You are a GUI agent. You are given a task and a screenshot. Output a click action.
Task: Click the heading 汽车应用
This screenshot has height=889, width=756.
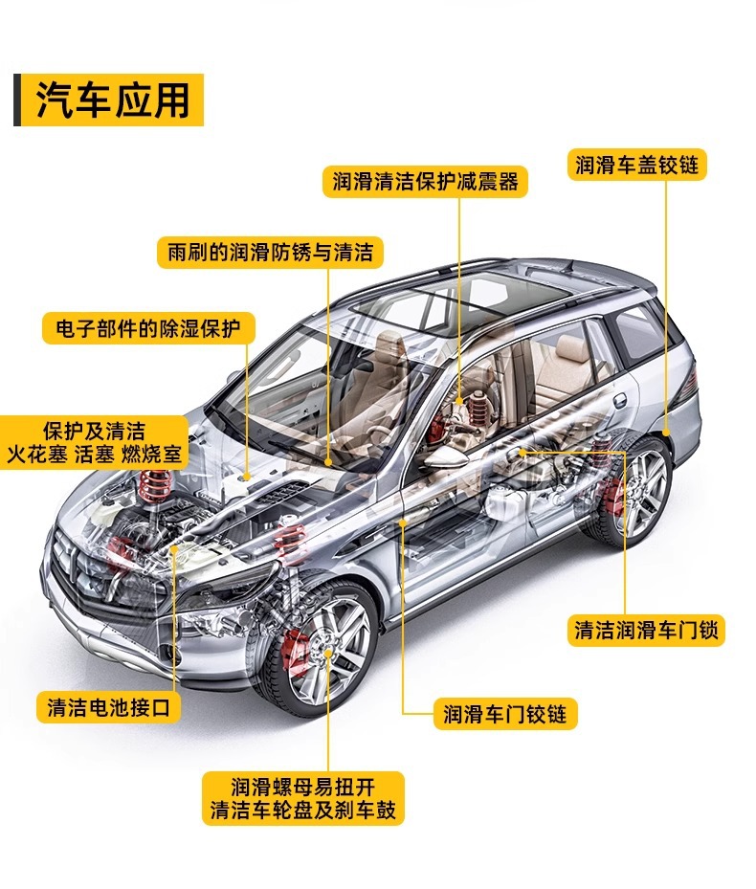click(x=113, y=100)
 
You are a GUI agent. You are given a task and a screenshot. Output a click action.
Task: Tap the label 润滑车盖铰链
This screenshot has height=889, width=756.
click(x=636, y=165)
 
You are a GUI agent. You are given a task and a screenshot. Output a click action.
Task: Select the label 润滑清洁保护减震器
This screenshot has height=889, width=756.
click(x=425, y=181)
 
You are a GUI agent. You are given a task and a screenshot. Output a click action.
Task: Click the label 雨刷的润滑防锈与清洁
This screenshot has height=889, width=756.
click(x=270, y=253)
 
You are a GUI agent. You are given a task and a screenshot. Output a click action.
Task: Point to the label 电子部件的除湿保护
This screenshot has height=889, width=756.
click(x=148, y=328)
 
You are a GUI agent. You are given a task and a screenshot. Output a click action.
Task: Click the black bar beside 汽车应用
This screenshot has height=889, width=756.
click(x=17, y=100)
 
